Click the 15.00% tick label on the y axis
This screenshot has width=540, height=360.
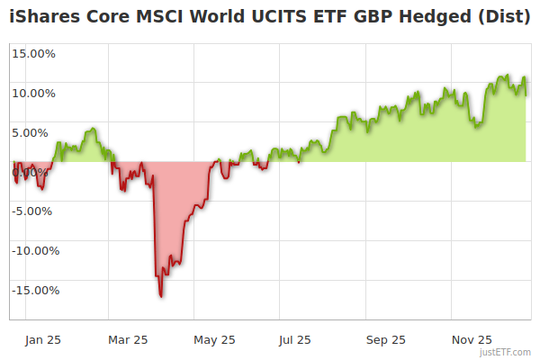pyautogui.click(x=33, y=53)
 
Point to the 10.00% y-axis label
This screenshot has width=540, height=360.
pyautogui.click(x=33, y=93)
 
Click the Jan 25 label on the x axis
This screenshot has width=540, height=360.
pyautogui.click(x=43, y=340)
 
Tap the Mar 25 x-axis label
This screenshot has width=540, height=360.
pyautogui.click(x=128, y=340)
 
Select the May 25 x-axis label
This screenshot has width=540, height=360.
pyautogui.click(x=214, y=340)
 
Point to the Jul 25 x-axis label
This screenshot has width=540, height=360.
pyautogui.click(x=295, y=340)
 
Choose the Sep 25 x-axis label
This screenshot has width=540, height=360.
pyautogui.click(x=386, y=340)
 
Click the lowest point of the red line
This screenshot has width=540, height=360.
pyautogui.click(x=161, y=296)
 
